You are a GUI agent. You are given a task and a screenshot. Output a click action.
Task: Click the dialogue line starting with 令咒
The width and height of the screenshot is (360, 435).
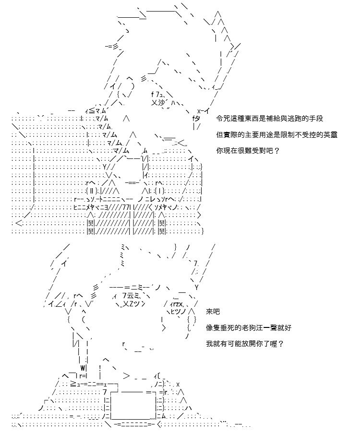point(270,119)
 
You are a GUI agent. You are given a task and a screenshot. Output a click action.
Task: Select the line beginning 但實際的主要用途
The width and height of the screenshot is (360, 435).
point(277,135)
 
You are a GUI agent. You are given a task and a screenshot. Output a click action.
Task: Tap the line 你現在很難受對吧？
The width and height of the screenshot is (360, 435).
point(248,151)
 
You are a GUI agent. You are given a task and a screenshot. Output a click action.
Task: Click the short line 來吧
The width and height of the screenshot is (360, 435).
point(213,312)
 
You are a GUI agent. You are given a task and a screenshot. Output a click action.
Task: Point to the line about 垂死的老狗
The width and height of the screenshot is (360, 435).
point(249,327)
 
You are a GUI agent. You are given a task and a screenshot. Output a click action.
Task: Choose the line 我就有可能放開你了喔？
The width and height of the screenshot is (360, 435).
point(245,344)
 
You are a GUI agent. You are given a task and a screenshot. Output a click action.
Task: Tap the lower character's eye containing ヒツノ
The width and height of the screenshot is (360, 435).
point(180,308)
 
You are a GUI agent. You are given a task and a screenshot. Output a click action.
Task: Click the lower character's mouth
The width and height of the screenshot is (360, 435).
point(137,347)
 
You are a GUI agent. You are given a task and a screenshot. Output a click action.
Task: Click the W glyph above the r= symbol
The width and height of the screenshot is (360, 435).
point(83,368)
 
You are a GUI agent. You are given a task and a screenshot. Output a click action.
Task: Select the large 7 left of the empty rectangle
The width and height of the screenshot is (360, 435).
point(105,392)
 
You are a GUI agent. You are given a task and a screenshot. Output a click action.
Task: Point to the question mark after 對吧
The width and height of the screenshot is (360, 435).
point(276,151)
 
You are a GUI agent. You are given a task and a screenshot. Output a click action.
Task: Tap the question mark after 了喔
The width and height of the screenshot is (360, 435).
point(281,344)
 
